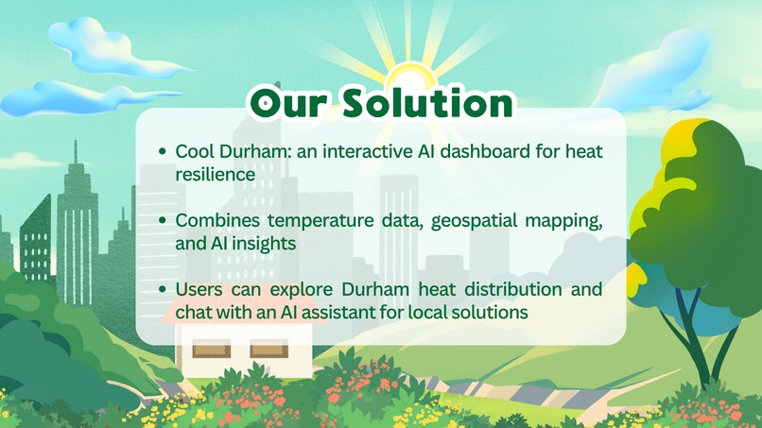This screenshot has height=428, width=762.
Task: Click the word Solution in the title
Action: (429, 104)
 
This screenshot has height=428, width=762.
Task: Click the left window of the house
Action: (213, 351)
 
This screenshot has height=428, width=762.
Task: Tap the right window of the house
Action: (269, 351)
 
